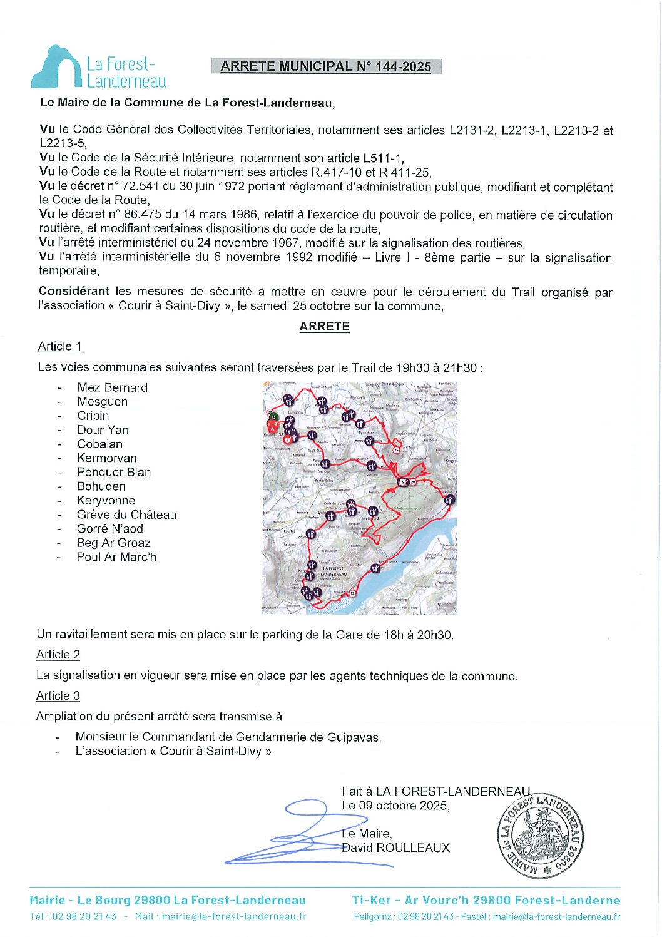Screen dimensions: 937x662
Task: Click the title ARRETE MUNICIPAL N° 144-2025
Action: [326, 66]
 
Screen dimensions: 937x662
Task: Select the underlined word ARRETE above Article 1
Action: [324, 326]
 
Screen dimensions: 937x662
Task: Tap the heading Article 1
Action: [59, 346]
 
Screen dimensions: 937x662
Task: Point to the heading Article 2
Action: [58, 655]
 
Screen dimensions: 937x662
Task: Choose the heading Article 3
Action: [58, 696]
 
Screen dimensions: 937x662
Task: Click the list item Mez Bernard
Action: [112, 387]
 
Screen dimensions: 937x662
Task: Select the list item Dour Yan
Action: [103, 430]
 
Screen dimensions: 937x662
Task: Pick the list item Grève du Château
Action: [126, 515]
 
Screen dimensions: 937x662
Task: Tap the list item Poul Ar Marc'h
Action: [116, 557]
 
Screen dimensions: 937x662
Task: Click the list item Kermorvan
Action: [106, 458]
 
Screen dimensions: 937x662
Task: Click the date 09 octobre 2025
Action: [404, 806]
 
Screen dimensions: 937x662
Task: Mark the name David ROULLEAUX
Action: [395, 848]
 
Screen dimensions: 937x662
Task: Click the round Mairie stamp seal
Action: [540, 837]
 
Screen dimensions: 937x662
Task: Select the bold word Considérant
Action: [74, 291]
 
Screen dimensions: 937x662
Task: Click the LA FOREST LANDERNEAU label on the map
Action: [333, 571]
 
